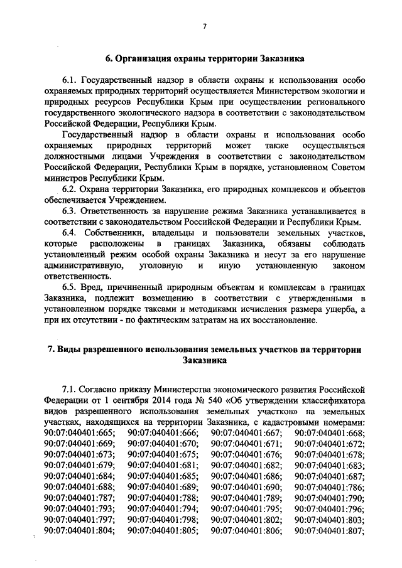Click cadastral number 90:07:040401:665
[x=80, y=432]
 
